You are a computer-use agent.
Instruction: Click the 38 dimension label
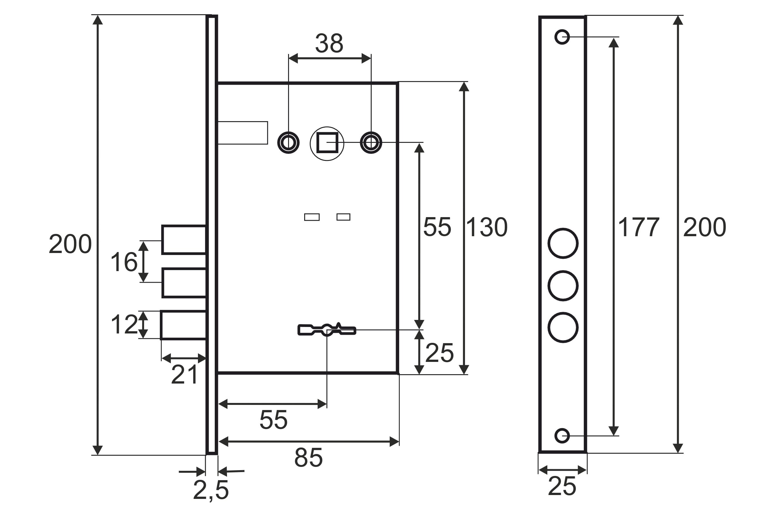click(329, 43)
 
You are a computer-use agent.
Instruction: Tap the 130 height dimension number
click(487, 227)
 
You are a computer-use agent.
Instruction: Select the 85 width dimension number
click(308, 458)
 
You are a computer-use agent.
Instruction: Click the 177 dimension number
click(639, 227)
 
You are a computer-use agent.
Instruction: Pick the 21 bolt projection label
click(184, 375)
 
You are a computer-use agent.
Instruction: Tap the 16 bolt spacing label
click(124, 262)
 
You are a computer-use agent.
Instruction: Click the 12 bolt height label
click(124, 324)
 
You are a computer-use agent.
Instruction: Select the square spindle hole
click(327, 143)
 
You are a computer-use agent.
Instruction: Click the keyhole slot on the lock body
click(327, 329)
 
